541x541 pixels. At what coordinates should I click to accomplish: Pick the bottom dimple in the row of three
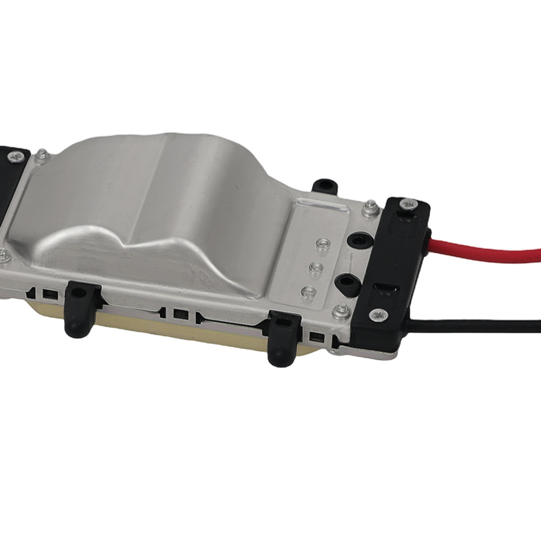coord(309,291)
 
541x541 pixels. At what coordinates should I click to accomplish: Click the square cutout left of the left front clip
coord(50,295)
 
